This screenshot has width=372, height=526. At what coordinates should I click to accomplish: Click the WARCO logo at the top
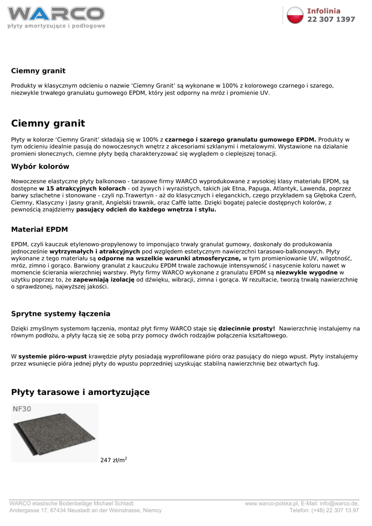click(x=56, y=15)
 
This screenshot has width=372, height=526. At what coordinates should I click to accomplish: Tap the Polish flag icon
click(x=296, y=15)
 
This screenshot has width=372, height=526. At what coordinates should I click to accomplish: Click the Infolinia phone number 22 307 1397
click(x=331, y=20)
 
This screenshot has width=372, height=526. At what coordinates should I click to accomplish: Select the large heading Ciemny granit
click(x=48, y=123)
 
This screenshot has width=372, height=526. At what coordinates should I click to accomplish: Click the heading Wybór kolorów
click(x=40, y=166)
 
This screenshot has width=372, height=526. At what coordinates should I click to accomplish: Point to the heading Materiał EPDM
click(x=40, y=229)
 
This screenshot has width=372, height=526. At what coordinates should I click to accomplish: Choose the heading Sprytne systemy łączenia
click(x=61, y=313)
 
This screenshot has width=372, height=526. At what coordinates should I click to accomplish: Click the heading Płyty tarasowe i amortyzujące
click(x=80, y=392)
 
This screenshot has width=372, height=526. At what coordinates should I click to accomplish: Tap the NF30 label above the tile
click(x=22, y=410)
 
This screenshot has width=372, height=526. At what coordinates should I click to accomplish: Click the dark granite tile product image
click(x=54, y=437)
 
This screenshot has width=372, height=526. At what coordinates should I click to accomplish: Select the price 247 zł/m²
click(x=113, y=460)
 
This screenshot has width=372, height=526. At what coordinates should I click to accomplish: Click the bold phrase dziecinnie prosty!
click(x=247, y=328)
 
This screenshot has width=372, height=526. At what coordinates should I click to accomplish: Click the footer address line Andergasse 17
click(x=31, y=511)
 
